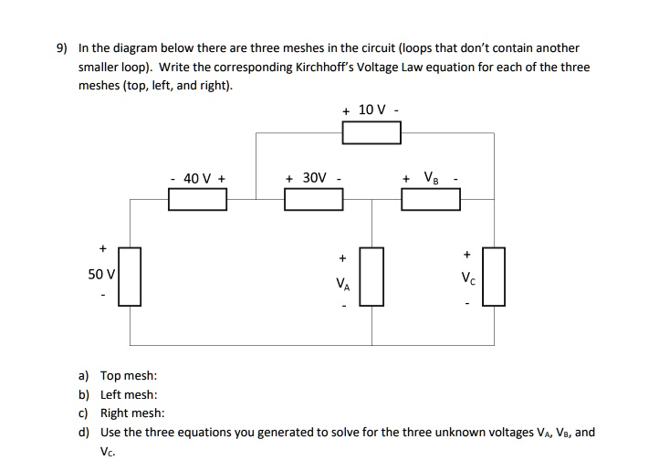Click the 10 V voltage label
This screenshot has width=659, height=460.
coord(372,110)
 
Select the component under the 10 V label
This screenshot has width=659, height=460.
coord(371,133)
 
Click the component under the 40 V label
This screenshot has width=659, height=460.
coord(198,199)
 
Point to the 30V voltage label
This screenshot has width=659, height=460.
coord(313,178)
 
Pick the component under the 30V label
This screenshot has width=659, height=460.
coord(313,199)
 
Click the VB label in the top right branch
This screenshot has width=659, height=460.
coord(429,178)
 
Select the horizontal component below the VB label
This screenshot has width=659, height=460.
coord(430,199)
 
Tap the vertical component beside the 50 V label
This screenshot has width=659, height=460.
coord(130,276)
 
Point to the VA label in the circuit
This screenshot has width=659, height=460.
coord(342,284)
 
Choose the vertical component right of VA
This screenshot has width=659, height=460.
coord(372,276)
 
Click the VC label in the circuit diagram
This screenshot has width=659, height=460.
coord(468,277)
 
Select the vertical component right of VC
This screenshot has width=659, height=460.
coord(494,276)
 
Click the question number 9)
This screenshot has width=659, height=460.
coord(61,47)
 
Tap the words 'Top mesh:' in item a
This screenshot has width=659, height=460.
coord(129,375)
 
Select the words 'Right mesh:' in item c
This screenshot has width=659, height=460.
coord(132,413)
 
